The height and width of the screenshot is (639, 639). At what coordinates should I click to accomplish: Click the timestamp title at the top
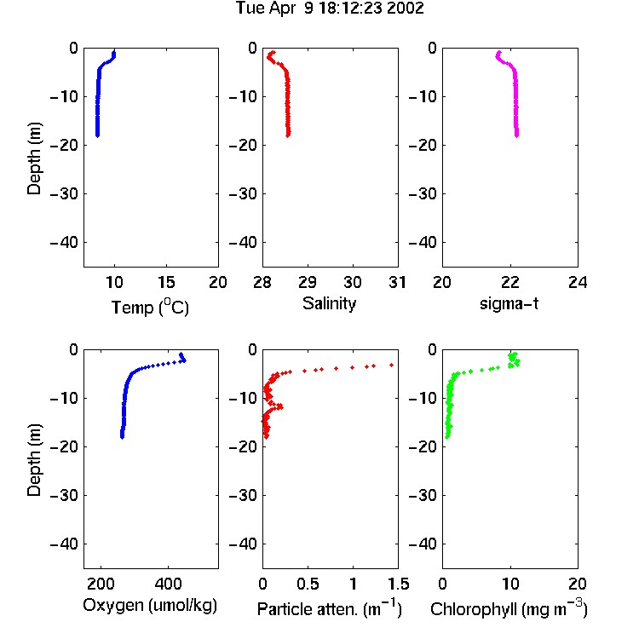[x=330, y=9]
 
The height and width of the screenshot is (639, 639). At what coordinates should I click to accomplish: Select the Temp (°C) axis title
[x=150, y=307]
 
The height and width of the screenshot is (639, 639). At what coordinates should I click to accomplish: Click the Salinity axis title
[x=329, y=303]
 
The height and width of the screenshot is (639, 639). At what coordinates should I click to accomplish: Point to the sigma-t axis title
[x=509, y=303]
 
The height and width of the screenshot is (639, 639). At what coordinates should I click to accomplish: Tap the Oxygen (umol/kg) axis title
[x=150, y=606]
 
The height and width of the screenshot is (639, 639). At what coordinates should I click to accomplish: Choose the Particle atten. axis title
[x=330, y=609]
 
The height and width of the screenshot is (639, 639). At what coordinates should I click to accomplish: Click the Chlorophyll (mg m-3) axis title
[x=509, y=609]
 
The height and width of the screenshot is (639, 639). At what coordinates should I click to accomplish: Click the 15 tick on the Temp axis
[x=166, y=282]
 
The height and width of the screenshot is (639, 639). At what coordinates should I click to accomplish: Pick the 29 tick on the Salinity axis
[x=308, y=282]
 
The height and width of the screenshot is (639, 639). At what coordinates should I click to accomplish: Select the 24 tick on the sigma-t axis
[x=578, y=282]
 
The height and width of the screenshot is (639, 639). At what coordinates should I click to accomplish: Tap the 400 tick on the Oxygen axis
[x=168, y=584]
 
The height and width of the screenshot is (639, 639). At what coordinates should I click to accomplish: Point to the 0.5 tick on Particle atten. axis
[x=308, y=584]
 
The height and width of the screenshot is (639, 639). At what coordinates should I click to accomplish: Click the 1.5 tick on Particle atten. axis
[x=398, y=584]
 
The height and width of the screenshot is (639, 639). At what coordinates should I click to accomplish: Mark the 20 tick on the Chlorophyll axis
[x=578, y=584]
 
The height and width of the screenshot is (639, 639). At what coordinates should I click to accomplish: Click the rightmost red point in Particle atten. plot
[x=392, y=366]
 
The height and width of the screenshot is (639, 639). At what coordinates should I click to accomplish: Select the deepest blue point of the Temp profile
[x=97, y=135]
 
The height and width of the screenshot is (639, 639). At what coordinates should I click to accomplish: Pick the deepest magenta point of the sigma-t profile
[x=517, y=135]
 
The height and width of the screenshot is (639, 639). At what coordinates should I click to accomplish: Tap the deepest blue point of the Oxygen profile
[x=122, y=436]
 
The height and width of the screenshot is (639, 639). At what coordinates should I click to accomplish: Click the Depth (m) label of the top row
[x=35, y=158]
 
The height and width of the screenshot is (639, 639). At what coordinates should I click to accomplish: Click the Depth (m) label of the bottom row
[x=35, y=460]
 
